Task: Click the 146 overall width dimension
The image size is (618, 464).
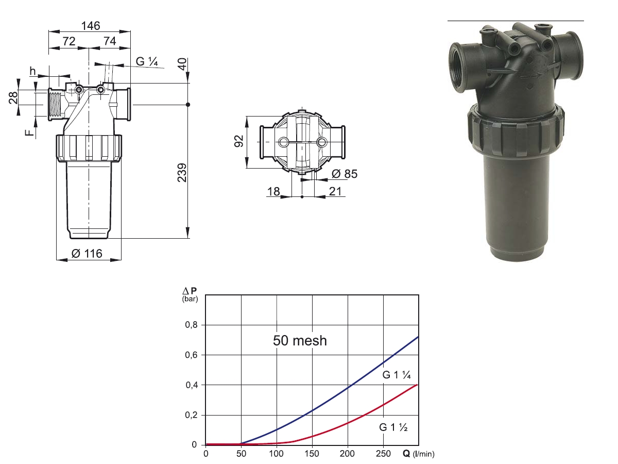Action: tap(90, 26)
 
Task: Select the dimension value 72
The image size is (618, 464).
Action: tap(69, 41)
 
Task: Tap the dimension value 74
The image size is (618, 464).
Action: tap(110, 41)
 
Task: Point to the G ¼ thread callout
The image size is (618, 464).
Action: tap(147, 61)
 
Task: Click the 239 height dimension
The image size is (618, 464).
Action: tap(182, 172)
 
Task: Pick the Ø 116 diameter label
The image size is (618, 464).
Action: tap(87, 254)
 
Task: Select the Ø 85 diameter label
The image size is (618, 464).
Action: tap(345, 174)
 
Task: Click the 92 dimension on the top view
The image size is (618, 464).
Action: tap(239, 141)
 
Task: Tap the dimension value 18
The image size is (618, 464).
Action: tap(273, 192)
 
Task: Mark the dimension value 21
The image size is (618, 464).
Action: tap(335, 192)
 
